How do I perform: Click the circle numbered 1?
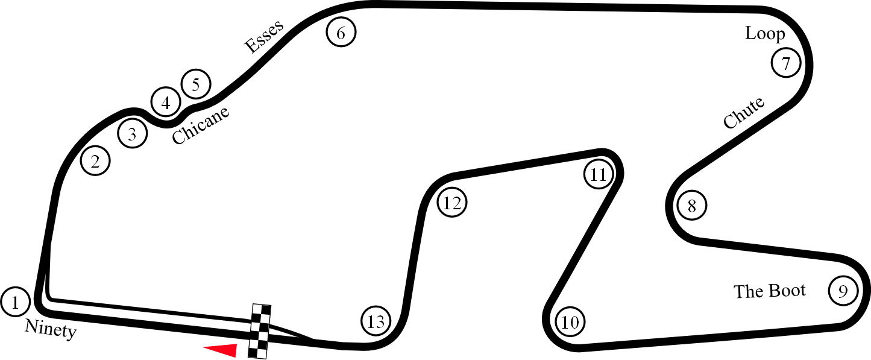(16, 302)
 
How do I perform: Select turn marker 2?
(95, 161)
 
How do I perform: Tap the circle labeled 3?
(133, 133)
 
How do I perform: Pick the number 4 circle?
(166, 103)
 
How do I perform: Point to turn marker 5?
(196, 84)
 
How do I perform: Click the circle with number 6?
(341, 32)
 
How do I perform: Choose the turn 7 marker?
(786, 63)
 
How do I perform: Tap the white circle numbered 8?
(692, 206)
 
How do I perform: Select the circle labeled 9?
(843, 291)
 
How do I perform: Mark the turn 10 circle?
(570, 322)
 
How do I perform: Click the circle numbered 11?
(599, 174)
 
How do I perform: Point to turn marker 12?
(452, 203)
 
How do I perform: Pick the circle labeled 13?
(376, 321)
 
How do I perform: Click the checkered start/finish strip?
(260, 331)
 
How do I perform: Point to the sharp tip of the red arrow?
(203, 347)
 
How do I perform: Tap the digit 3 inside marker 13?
(380, 322)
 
